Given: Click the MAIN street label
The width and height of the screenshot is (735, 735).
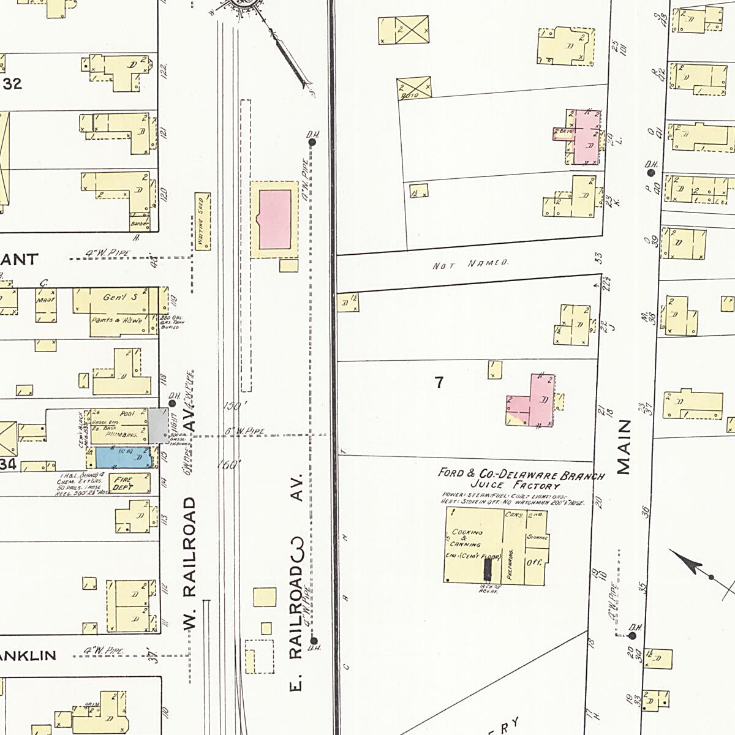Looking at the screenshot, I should click(x=624, y=447).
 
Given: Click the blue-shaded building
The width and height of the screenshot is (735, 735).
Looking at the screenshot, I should click(x=121, y=457).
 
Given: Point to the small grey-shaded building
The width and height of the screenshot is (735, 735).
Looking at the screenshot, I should click(x=157, y=425).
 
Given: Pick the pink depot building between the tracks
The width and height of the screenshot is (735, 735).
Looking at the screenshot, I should click(x=275, y=219).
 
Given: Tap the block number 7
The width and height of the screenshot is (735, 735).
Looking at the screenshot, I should click(x=439, y=383).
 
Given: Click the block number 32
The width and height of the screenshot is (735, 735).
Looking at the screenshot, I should click(x=12, y=84).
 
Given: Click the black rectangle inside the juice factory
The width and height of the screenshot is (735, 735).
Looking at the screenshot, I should click(x=488, y=569).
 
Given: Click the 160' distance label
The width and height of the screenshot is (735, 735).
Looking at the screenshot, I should click(x=230, y=464).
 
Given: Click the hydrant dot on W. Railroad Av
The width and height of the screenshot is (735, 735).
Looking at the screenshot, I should click(x=173, y=403).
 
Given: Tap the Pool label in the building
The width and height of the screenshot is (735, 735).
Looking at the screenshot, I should click(x=127, y=414).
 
